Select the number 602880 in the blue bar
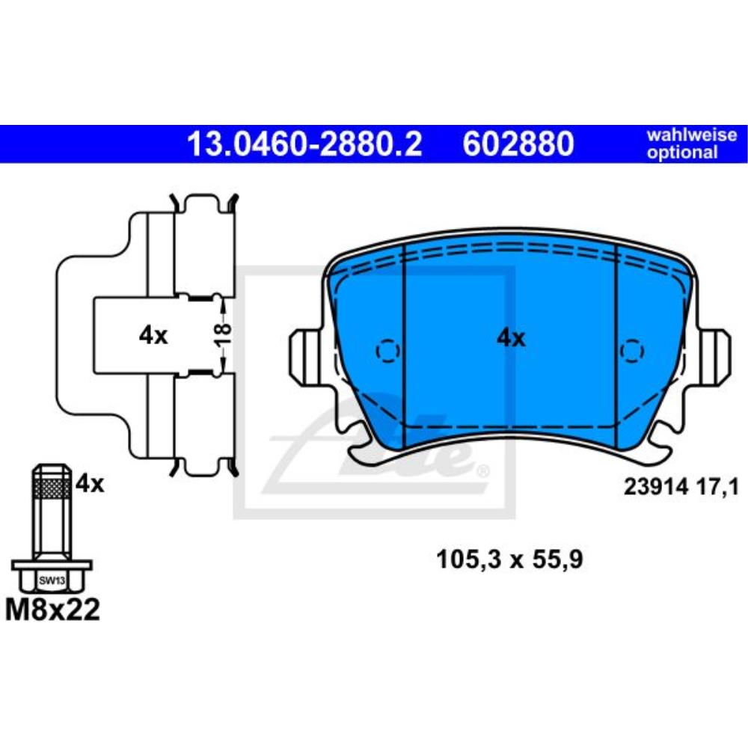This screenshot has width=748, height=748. point(518,144)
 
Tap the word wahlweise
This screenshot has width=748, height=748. point(691,135)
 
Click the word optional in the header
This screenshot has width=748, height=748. point(682,153)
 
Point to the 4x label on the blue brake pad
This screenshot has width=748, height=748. point(511,339)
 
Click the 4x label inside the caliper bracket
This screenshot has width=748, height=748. point(153,336)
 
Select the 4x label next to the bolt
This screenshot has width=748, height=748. point(90,484)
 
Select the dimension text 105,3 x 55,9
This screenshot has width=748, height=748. point(509,559)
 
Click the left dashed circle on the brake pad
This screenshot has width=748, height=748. point(387,350)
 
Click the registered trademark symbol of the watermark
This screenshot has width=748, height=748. point(482,470)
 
